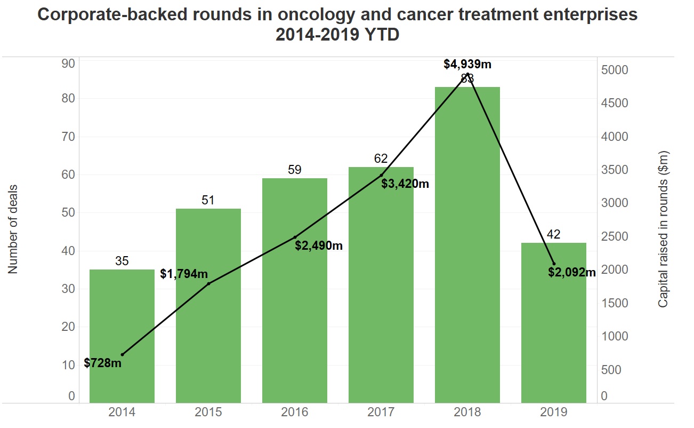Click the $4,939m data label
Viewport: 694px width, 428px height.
click(467, 65)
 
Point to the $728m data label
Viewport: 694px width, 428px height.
click(103, 363)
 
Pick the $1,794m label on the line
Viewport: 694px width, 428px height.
click(184, 274)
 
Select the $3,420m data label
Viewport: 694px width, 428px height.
click(405, 184)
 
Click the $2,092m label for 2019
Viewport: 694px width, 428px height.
click(572, 273)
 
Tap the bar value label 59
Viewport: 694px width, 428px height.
click(295, 170)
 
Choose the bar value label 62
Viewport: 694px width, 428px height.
click(381, 158)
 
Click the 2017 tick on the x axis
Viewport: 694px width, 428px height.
click(381, 413)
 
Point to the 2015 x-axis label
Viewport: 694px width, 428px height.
click(208, 413)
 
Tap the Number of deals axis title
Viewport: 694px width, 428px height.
click(13, 229)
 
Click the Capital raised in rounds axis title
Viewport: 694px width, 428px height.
click(663, 229)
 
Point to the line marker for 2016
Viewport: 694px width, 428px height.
click(295, 237)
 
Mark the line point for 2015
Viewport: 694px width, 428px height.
click(208, 283)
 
